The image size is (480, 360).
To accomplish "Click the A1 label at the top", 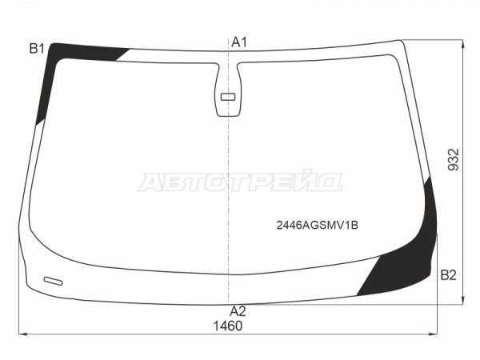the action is (238, 42).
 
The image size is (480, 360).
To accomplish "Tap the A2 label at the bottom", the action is (238, 311).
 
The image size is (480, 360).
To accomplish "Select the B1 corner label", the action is (37, 48).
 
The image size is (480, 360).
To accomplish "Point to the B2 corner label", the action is (448, 275).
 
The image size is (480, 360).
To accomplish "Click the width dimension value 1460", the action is (228, 326).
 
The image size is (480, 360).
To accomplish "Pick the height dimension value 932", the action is (454, 159).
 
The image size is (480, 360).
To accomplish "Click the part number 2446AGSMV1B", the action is (317, 226).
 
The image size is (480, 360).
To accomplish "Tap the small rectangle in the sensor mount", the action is (228, 97).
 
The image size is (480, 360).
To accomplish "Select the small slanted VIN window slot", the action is (54, 281).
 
